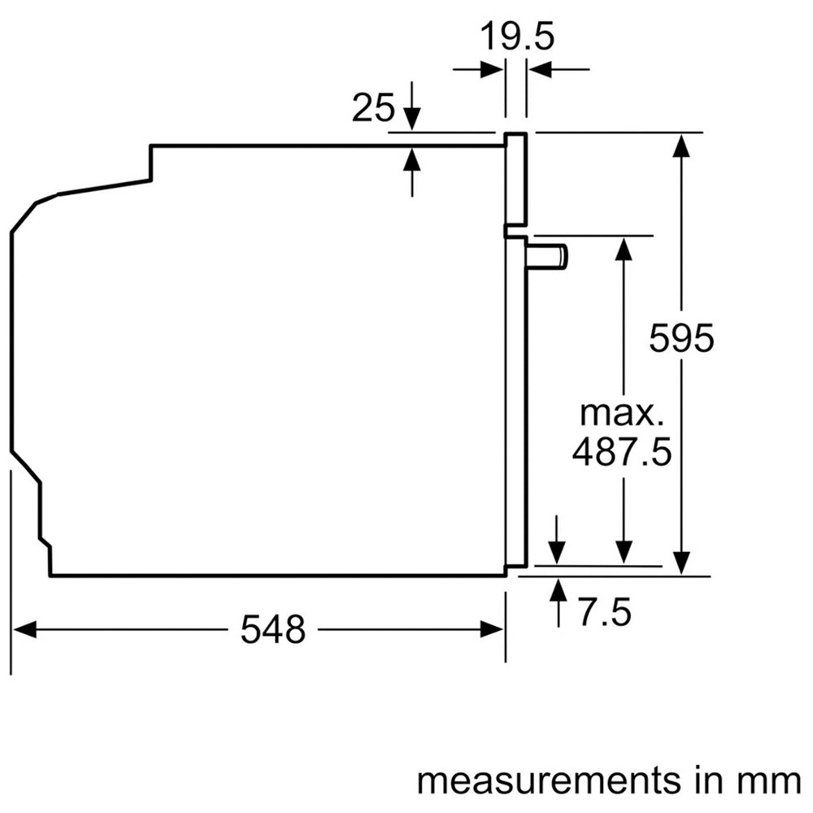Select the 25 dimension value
point(373,107)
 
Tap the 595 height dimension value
point(681,337)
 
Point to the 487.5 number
point(622,452)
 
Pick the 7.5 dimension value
point(602,611)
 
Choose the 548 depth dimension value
point(272,629)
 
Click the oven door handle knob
point(547,256)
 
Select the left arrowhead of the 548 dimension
point(23,629)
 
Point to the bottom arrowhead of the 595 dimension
point(682,562)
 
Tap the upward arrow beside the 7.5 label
point(558,589)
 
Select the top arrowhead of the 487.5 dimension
point(624,247)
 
